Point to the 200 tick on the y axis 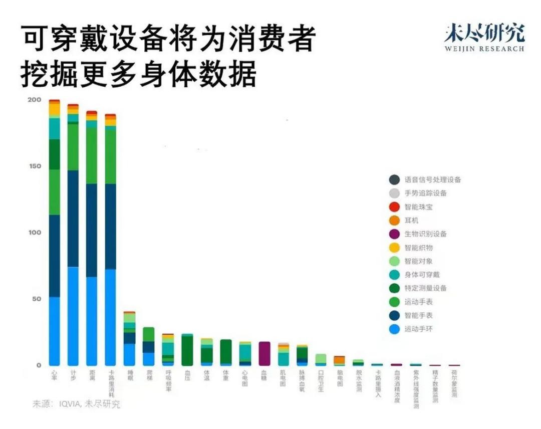point(34,100)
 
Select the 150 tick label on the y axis point(34,166)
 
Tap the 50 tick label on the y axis point(36,299)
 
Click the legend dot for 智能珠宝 point(394,206)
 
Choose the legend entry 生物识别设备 point(425,234)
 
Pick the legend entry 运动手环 point(418,329)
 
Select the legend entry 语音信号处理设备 point(432,179)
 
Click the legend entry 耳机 point(411,221)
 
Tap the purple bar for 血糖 point(264,353)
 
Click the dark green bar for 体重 point(226,351)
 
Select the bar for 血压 point(187,350)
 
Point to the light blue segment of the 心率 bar point(54,331)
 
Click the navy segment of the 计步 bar point(73,219)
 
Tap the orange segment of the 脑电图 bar point(340,360)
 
